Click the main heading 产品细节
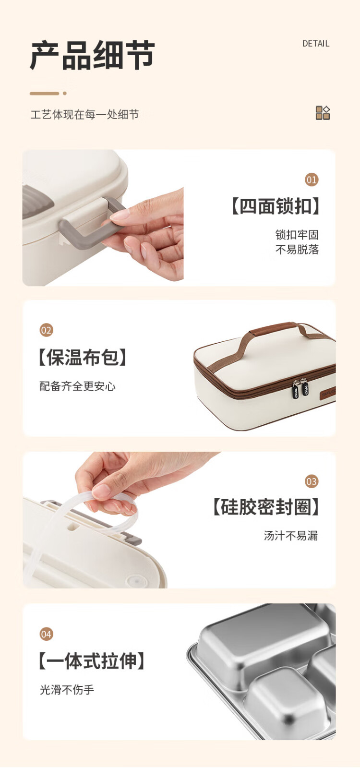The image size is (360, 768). [x=93, y=55]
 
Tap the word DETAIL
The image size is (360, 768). [x=316, y=44]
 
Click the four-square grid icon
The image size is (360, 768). [x=323, y=113]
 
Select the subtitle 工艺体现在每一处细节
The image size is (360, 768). [x=84, y=115]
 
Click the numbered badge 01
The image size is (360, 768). [x=312, y=180]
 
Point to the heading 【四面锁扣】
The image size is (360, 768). [x=276, y=206]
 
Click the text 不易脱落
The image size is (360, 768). [x=297, y=249]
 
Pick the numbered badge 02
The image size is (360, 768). [x=46, y=330]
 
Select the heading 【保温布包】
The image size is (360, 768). [x=83, y=358]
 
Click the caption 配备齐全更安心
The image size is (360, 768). [x=77, y=386]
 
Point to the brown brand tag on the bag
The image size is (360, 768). [x=328, y=393]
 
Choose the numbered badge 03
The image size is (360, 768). [x=312, y=482]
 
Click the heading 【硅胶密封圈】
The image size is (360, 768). [x=266, y=507]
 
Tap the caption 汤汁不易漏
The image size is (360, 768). [x=291, y=536]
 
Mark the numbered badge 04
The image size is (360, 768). [x=46, y=634]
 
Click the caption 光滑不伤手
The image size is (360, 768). [x=67, y=689]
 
